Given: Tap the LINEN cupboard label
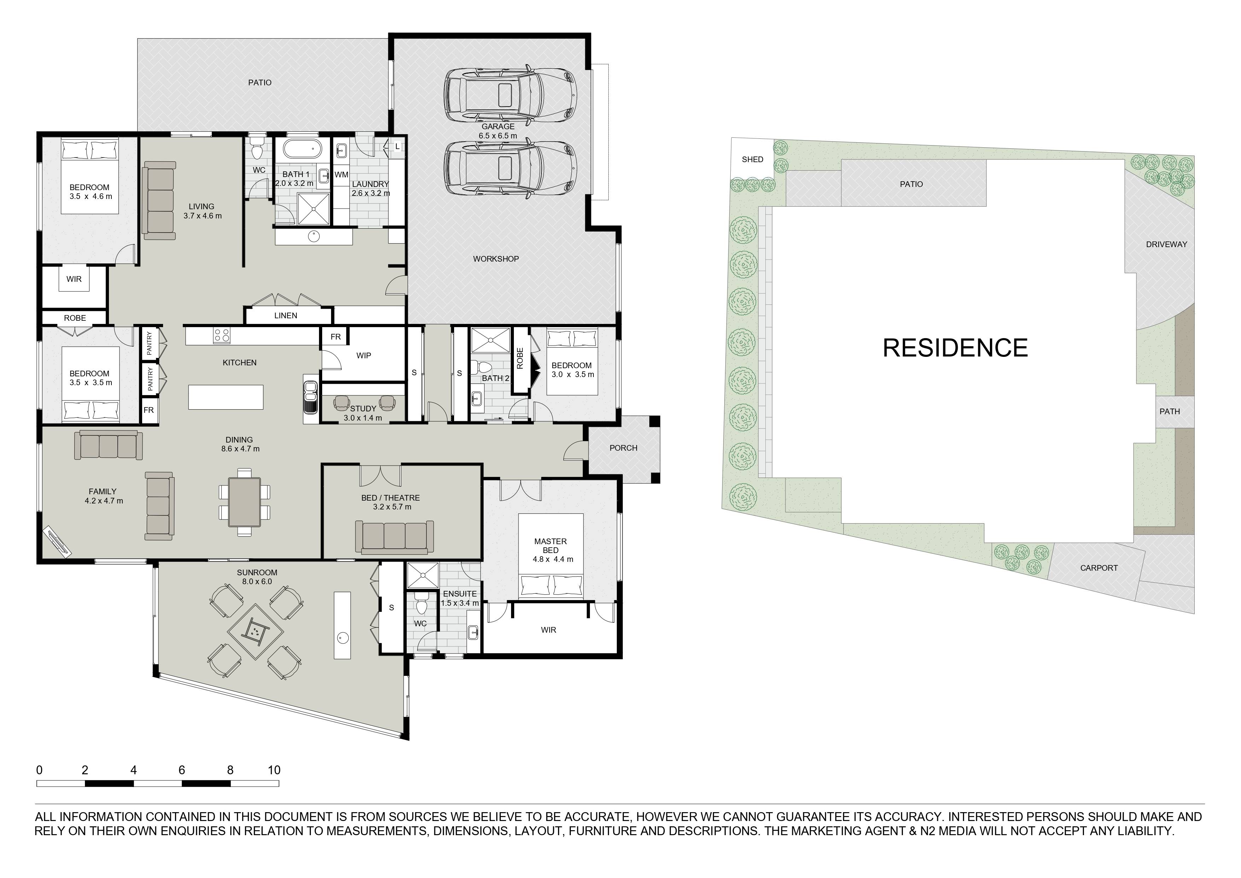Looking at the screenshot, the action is point(285,315).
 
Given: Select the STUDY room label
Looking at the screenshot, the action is point(363,409).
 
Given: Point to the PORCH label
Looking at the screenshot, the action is point(623,448).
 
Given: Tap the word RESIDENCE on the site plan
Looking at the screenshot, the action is point(955,348).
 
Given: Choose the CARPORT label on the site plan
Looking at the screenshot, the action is point(1099,568).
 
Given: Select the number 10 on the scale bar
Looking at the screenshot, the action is point(274,770).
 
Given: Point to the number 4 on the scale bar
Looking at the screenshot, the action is point(133,770).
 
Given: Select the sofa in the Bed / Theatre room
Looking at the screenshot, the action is point(394,537).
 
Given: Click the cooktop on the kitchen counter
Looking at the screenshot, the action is point(222,335).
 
